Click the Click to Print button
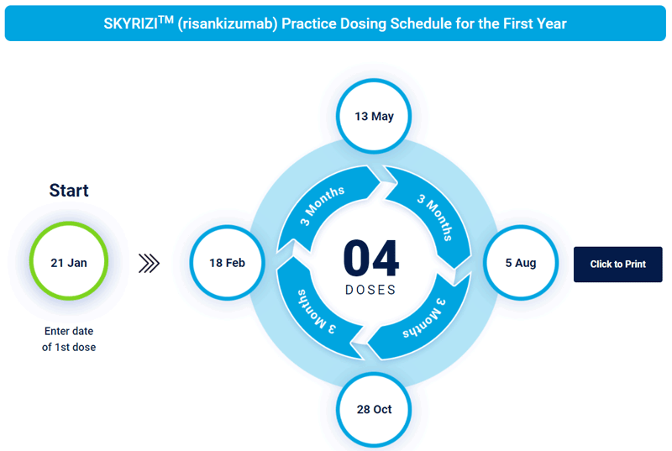pos(617,265)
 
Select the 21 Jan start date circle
pos(69,263)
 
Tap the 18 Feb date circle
pos(227,263)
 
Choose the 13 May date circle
pos(374,117)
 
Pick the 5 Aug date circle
pos(521,263)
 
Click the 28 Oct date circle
pos(374,410)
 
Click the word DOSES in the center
pos(370,290)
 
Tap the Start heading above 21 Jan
pos(69,190)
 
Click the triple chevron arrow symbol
pos(149,264)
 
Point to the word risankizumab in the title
pos(227,24)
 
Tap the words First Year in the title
pos(538,24)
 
